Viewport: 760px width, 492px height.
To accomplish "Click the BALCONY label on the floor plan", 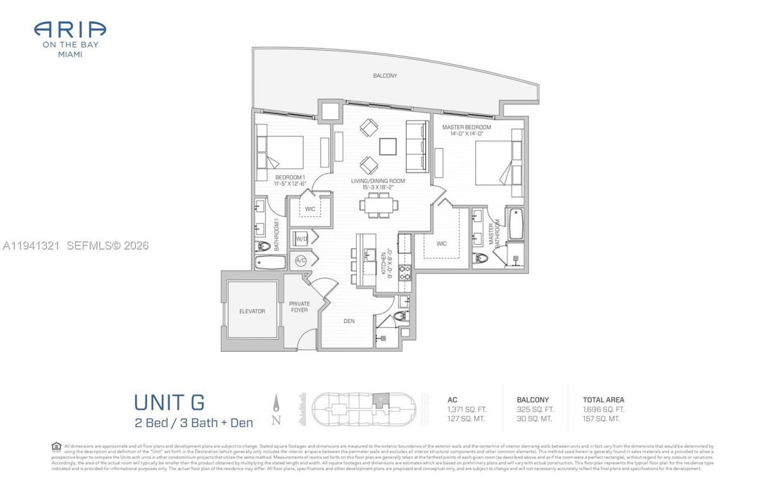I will pos(385,75).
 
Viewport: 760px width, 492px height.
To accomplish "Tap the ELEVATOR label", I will pos(252,311).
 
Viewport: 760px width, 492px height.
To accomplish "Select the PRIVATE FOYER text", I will pos(299,307).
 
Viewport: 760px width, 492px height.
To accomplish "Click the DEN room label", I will pos(349,321).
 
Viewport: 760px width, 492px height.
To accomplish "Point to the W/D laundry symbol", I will pos(301,239).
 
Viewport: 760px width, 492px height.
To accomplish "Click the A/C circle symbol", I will pos(300,260).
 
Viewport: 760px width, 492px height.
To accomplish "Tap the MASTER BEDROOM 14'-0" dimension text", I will pos(466,134).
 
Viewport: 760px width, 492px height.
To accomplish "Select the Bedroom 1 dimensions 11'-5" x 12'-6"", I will pos(290,184).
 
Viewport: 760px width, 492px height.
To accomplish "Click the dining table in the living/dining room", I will pos(379,205).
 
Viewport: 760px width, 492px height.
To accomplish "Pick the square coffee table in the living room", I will pos(388,146).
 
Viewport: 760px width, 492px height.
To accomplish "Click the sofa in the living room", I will pos(417,146).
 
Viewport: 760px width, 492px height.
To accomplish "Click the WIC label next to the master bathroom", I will pos(441,244).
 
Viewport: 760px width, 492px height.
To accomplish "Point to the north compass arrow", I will pos(276,405).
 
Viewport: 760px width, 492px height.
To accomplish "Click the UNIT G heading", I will pos(169,402).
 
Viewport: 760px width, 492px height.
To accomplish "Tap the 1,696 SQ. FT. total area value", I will pos(604,409).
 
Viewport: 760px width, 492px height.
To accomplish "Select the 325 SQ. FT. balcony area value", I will pos(535,409).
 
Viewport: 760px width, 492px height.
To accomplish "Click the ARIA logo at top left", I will pos(70,30).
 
